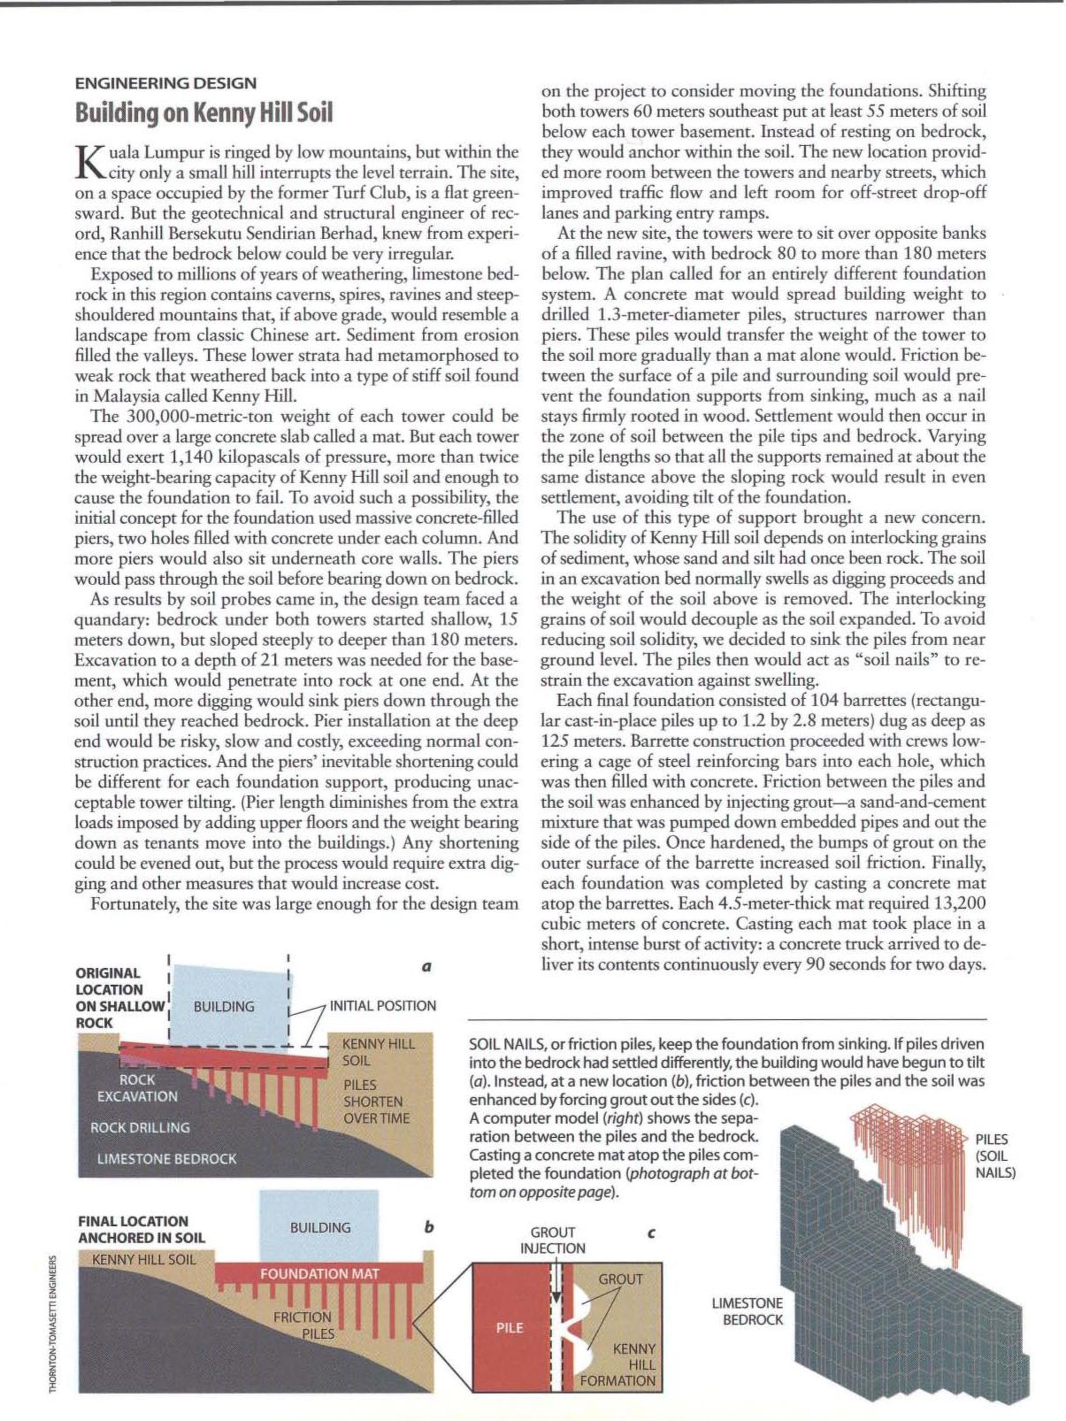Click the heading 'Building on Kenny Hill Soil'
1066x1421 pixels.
(x=203, y=113)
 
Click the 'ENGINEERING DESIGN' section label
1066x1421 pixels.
(x=165, y=83)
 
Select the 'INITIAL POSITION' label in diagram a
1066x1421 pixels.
(x=382, y=1006)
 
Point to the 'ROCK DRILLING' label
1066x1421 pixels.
(x=140, y=1127)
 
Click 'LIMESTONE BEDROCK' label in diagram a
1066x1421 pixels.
(x=166, y=1158)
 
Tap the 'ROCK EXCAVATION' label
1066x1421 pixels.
(x=137, y=1087)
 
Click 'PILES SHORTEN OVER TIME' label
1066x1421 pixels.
(x=373, y=1102)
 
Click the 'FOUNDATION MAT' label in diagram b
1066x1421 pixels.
(x=319, y=1273)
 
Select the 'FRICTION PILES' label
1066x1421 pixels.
(x=303, y=1325)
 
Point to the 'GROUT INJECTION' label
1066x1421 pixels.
(x=553, y=1240)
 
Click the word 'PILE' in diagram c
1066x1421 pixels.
(x=510, y=1327)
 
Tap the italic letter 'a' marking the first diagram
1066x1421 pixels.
(x=426, y=966)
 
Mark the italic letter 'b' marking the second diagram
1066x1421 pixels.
(x=429, y=1227)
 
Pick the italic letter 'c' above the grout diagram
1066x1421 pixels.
(x=651, y=1232)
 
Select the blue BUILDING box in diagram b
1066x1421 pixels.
(x=319, y=1226)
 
